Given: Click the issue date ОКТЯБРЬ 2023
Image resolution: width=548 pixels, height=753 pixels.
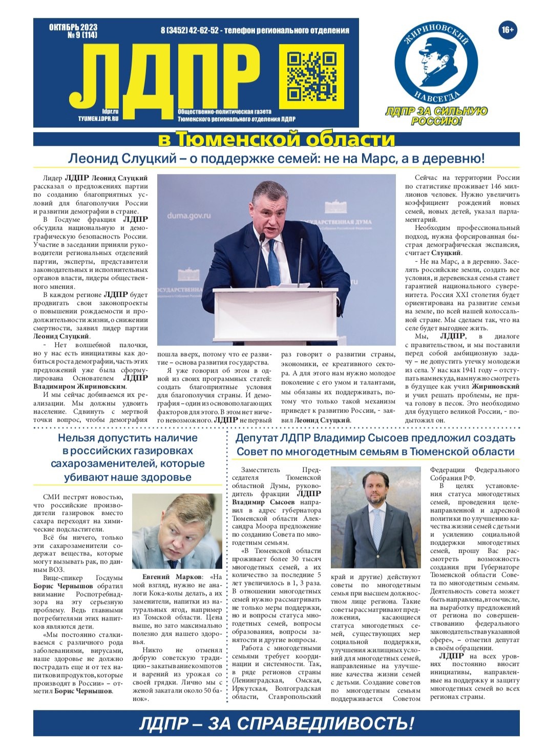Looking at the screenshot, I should [73, 28].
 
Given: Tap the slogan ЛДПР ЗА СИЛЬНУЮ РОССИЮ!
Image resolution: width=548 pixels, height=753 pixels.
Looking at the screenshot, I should [436, 116].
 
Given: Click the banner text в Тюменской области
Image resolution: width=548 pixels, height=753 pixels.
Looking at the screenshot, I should [276, 139].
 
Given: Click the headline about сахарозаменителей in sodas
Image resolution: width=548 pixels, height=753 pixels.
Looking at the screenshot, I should [128, 457].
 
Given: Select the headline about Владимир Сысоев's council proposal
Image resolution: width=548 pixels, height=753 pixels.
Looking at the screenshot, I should [375, 445].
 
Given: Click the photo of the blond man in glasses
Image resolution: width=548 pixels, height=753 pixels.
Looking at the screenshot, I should [177, 530].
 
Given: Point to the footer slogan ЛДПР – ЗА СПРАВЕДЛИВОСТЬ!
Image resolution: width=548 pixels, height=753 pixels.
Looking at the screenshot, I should [276, 723].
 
